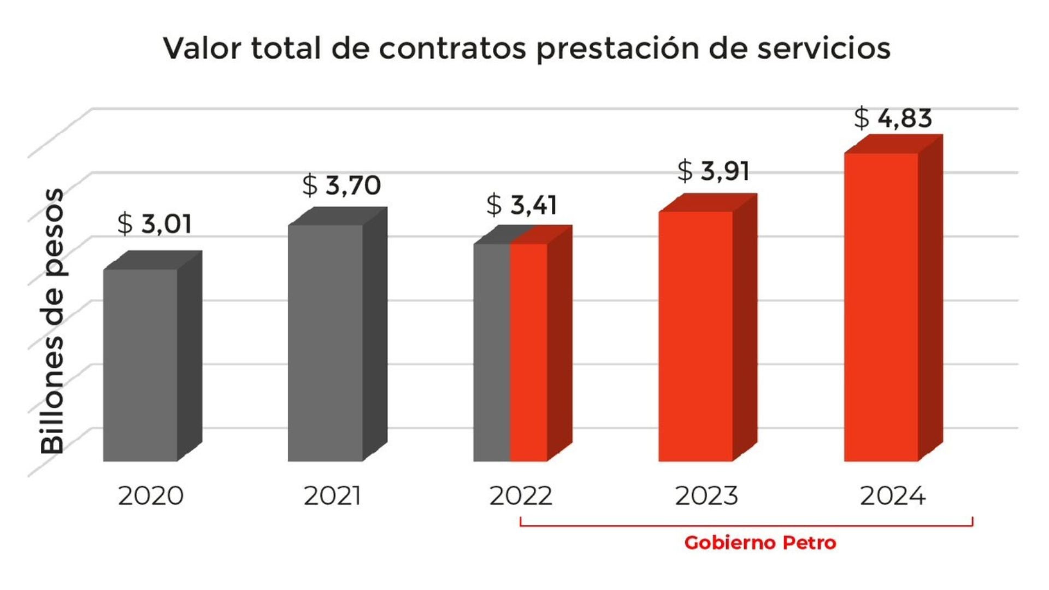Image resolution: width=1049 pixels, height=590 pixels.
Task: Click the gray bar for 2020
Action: [x=140, y=365]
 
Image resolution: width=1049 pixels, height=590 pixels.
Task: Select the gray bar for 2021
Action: [x=326, y=343]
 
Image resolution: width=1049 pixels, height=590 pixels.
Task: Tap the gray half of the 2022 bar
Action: [x=492, y=352]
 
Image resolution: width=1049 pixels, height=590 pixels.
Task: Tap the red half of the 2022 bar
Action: [x=529, y=352]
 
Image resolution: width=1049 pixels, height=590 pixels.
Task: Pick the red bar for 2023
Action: [x=696, y=336]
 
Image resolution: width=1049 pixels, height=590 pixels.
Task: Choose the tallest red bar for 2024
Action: [x=881, y=307]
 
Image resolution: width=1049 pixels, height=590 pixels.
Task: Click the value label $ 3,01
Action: [x=155, y=224]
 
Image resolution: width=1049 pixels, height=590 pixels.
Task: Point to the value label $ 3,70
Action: [x=341, y=185]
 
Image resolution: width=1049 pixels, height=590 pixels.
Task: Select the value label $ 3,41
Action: [x=522, y=205]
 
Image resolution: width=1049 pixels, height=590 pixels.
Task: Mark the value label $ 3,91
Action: [x=713, y=171]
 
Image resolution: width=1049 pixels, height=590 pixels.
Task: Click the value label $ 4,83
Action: [x=893, y=118]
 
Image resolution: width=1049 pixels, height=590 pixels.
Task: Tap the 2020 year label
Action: [x=151, y=496]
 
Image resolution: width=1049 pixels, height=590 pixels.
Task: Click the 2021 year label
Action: [x=332, y=496]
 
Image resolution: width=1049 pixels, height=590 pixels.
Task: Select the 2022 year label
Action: [x=521, y=496]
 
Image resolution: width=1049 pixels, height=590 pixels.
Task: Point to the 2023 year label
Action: [x=706, y=496]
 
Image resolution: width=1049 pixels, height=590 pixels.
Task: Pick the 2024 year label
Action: [x=893, y=496]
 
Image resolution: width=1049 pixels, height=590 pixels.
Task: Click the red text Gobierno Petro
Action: [x=760, y=543]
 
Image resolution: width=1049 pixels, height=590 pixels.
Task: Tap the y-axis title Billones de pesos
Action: [x=52, y=321]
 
